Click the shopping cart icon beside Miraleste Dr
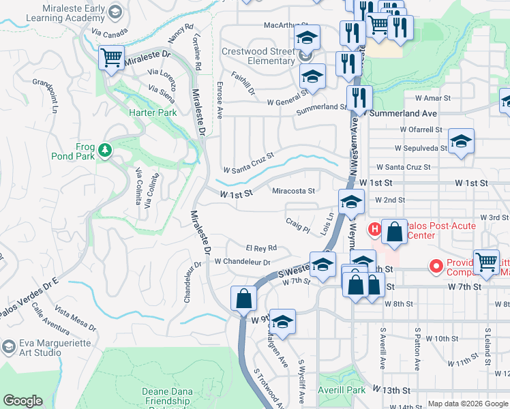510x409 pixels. click(111, 58)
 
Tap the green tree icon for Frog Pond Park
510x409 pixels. click(104, 149)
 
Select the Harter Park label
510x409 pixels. click(153, 112)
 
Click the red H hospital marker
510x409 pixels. click(374, 227)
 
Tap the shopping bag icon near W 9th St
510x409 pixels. click(244, 299)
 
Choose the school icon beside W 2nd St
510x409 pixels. click(351, 202)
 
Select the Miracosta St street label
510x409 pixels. click(293, 192)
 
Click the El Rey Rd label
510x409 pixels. click(261, 247)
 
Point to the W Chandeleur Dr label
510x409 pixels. click(243, 262)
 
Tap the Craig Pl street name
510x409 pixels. click(298, 226)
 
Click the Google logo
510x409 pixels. click(22, 401)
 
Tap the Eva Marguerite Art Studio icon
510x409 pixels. click(8, 346)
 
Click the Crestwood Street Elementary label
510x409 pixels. click(258, 56)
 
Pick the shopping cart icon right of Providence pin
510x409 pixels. click(486, 262)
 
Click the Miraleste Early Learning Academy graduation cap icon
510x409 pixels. click(115, 12)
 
